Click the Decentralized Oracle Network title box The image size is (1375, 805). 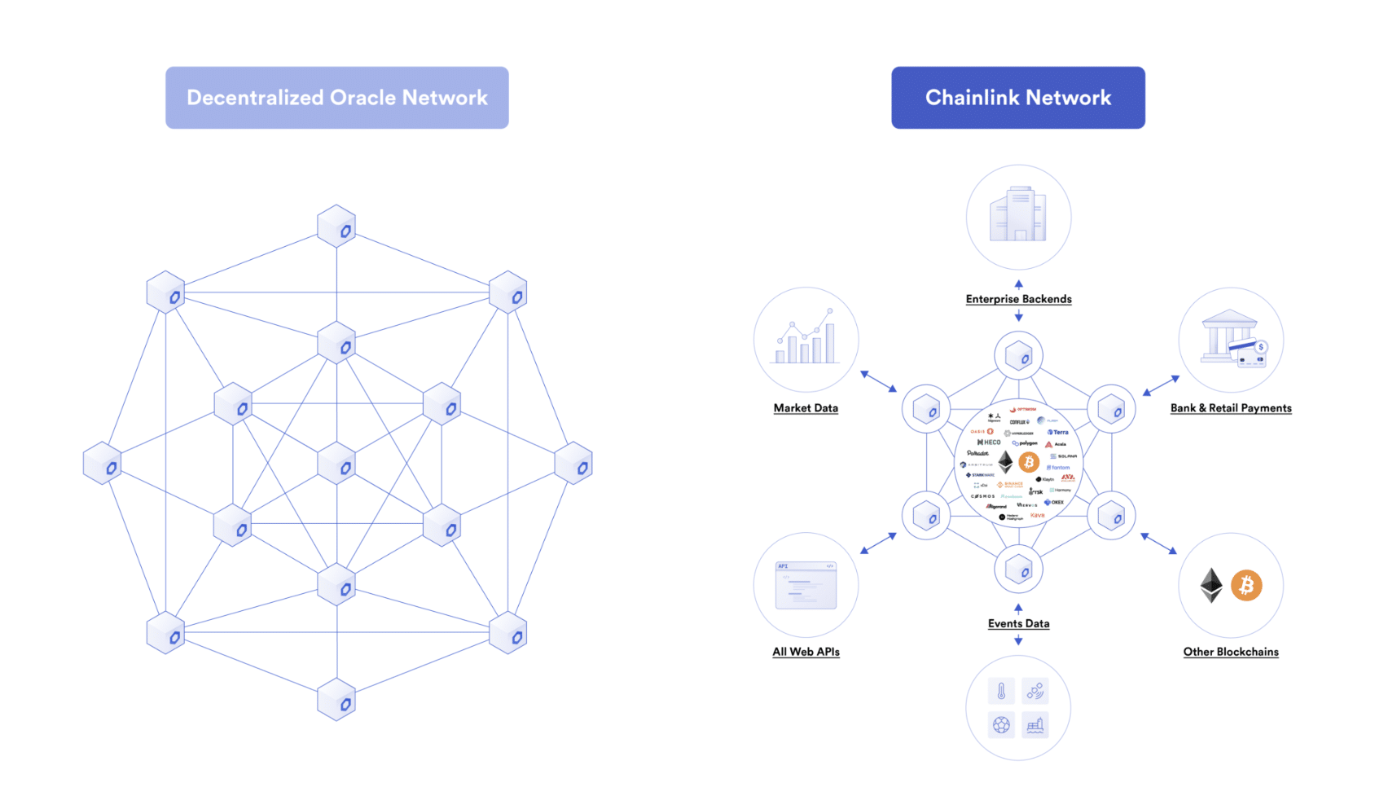tap(336, 98)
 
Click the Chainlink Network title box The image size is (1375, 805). tap(1017, 98)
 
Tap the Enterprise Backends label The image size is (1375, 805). tap(1018, 299)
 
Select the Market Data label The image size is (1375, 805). tap(806, 408)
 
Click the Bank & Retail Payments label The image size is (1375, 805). tap(1230, 408)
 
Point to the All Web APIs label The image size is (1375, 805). tap(806, 652)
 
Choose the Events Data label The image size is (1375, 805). tap(1018, 623)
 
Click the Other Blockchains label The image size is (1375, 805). tap(1230, 652)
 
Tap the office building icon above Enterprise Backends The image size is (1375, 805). tap(1017, 215)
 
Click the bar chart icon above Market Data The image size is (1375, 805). tap(806, 337)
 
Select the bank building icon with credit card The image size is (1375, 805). tap(1232, 338)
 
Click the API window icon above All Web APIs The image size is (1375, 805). tap(806, 585)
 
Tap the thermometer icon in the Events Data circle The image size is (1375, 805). tap(1001, 691)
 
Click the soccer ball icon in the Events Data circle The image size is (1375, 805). tap(1001, 724)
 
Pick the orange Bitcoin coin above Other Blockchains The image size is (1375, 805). tap(1245, 585)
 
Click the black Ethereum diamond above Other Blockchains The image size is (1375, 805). tap(1211, 585)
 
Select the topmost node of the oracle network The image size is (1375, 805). tap(336, 227)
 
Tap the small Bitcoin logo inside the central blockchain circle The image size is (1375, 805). tap(1029, 462)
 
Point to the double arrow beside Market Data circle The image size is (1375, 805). tap(879, 381)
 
